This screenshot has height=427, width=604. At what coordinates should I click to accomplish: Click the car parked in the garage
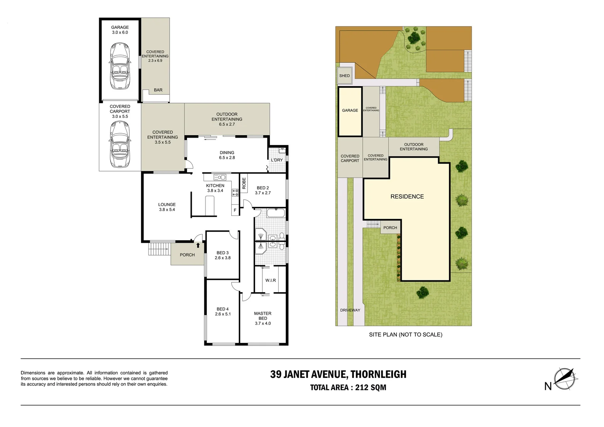pos(120,66)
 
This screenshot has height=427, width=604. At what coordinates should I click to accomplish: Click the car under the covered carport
pos(120,144)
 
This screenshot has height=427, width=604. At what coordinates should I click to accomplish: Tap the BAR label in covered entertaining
pos(158,90)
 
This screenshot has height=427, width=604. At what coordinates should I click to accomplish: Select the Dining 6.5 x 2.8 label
pos(227,155)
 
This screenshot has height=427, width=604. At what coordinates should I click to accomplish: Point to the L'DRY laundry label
pos(277,160)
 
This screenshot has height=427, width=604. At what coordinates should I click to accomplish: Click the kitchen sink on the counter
pos(220,177)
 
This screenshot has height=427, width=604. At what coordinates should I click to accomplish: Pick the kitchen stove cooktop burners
pos(235,193)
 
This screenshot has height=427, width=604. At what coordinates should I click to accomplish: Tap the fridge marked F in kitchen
pos(235,210)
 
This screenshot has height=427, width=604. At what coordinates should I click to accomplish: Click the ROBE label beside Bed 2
pos(244,183)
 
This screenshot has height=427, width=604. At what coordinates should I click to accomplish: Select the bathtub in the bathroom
pos(276,213)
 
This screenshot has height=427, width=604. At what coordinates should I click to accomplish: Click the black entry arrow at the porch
pos(198,245)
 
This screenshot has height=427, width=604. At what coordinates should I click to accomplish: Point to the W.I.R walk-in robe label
pos(270,280)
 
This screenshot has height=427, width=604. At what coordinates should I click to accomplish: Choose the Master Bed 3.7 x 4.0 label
pos(262,318)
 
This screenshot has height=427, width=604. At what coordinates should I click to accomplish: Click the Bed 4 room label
pos(223,312)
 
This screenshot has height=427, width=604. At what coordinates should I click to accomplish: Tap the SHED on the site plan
pos(344,76)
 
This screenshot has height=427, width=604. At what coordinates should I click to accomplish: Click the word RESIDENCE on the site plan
pos(407,196)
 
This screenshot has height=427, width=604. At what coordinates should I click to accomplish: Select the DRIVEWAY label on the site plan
pos(350,310)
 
